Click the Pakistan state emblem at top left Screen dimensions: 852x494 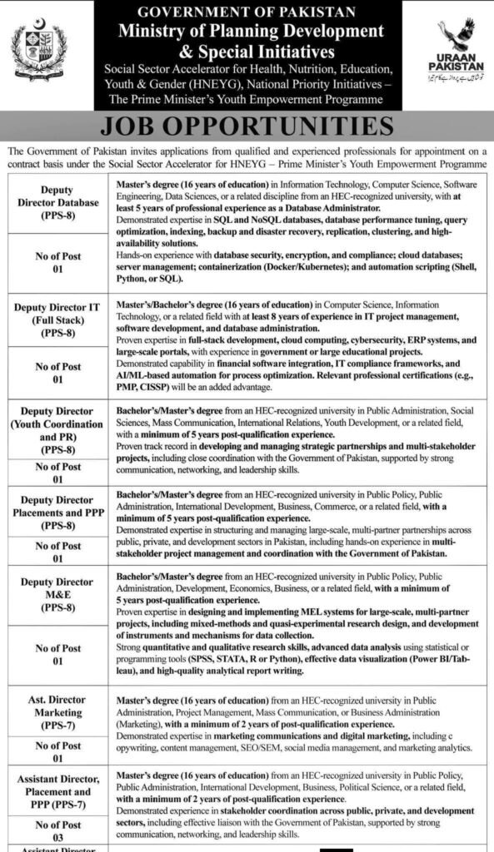click(x=39, y=51)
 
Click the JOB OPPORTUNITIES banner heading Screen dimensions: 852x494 click(x=247, y=126)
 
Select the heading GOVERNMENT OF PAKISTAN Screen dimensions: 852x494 click(x=247, y=12)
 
